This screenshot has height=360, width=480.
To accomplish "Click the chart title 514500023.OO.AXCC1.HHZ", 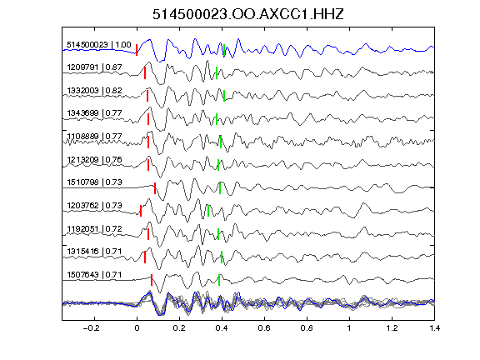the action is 248,14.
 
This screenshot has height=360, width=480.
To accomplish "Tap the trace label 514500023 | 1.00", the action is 99,45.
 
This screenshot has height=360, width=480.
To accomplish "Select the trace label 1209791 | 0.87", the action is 94,67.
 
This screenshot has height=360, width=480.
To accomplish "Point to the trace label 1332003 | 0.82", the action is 94,91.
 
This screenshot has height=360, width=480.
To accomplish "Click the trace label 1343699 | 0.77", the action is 94,113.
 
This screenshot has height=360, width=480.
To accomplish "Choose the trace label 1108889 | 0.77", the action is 94,136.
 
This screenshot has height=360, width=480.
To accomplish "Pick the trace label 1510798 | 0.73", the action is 94,182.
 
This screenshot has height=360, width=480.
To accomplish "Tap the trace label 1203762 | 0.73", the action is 94,205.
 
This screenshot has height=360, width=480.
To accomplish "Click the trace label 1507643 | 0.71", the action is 94,275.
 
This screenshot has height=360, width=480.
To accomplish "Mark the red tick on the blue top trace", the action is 137,50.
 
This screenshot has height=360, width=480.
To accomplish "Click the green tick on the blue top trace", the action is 224,50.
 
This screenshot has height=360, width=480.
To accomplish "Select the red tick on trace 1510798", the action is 155,188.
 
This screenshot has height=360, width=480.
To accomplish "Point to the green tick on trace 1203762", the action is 208,211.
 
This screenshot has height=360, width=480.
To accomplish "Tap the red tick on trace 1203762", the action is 141,211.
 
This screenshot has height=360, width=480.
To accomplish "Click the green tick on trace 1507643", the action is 219,280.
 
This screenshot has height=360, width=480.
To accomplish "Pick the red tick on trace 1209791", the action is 145,73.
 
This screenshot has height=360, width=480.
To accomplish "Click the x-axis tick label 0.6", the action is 264,328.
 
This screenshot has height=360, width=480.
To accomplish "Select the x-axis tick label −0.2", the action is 92,328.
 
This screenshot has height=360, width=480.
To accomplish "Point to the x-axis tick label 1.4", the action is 434,328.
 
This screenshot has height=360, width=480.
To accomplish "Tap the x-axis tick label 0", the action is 137,328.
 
